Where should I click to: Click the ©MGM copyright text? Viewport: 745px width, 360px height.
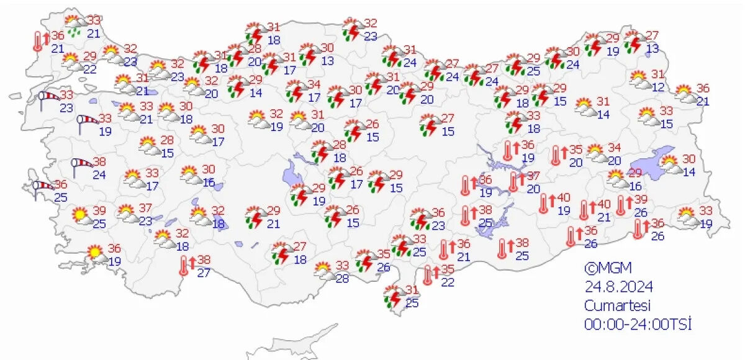[607, 268]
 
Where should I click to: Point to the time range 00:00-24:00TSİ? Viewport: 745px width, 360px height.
[637, 324]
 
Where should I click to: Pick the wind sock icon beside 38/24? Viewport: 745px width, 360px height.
[82, 165]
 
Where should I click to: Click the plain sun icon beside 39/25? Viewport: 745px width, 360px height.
[80, 215]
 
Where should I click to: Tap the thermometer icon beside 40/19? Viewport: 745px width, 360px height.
[544, 202]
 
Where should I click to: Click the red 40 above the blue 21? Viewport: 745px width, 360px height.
[604, 205]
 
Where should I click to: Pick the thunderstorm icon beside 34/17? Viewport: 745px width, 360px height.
[297, 91]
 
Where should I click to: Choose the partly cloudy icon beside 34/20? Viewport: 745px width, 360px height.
[595, 152]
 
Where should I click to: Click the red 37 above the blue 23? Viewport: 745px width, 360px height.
[145, 207]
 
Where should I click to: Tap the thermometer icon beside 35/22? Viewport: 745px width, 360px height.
[428, 274]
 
